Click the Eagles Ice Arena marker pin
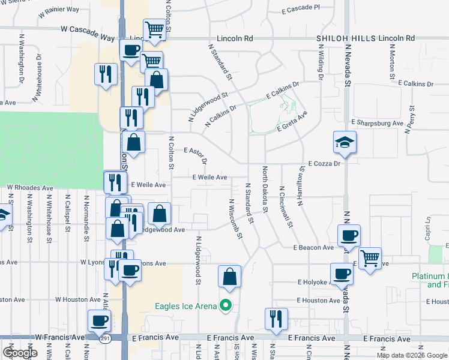point(226,306)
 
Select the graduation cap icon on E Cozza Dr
point(345,143)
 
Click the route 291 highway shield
point(104,338)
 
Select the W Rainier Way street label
point(58,10)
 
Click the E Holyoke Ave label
point(315,281)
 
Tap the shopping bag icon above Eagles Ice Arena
point(229,277)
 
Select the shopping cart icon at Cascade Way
point(155,30)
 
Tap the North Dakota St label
point(264,189)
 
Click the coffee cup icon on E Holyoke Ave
point(342,274)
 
